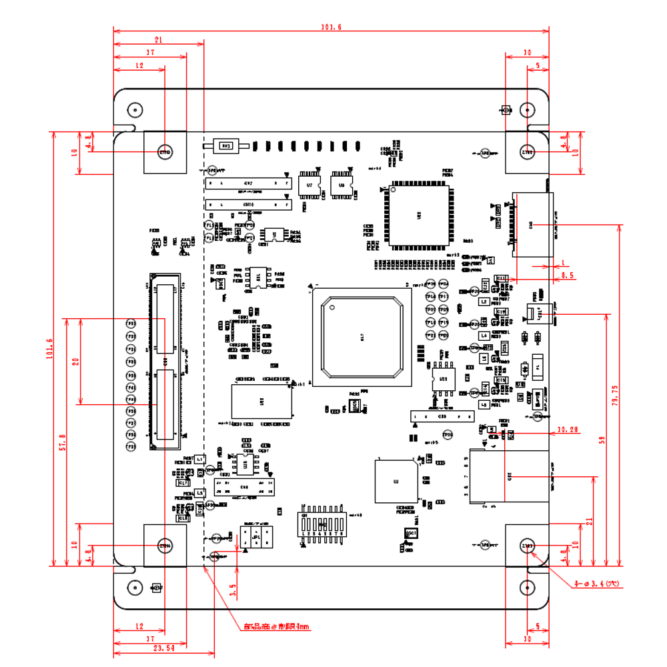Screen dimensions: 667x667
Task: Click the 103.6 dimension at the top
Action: click(x=331, y=27)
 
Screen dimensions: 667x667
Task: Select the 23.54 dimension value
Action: click(x=163, y=648)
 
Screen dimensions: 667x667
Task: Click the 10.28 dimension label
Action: click(x=568, y=430)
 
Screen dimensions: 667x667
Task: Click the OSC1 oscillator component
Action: click(x=412, y=534)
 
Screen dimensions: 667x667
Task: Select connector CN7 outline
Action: click(x=247, y=183)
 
